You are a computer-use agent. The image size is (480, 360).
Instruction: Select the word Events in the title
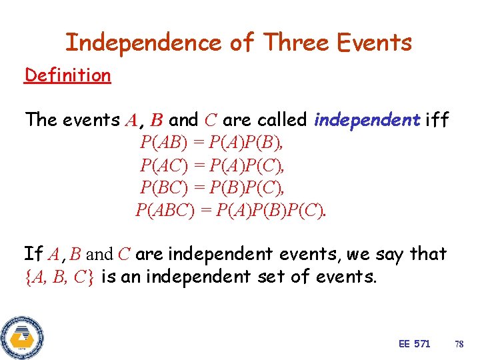click(375, 43)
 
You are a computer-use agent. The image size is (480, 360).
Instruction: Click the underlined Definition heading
click(67, 75)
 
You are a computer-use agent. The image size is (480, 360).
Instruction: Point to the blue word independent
click(367, 120)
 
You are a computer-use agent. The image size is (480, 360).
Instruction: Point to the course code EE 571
click(414, 344)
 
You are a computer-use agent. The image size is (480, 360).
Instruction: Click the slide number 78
click(459, 344)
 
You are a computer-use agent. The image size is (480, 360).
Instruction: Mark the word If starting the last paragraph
click(33, 254)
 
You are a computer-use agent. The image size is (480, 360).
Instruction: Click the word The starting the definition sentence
click(41, 120)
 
